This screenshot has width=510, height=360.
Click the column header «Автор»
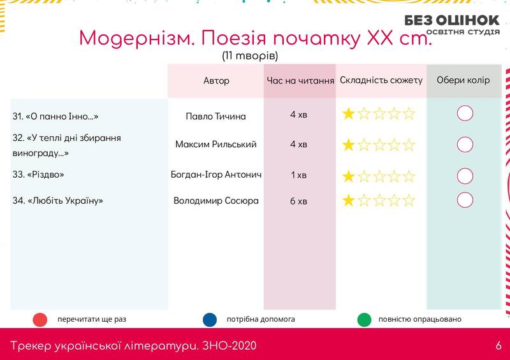point(216,81)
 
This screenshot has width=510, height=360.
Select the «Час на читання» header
point(300,81)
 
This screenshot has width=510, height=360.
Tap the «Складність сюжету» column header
point(381,80)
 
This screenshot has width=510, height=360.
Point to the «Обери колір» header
point(463,80)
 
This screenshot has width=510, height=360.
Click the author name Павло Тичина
point(215,117)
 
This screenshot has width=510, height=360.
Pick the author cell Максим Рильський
point(215,145)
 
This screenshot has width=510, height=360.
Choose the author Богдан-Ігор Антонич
point(216,175)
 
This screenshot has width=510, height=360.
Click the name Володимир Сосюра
point(216,201)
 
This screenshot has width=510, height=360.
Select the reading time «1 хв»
point(298,175)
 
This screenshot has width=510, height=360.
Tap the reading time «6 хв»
point(298,201)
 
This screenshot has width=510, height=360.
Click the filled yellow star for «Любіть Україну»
point(348,200)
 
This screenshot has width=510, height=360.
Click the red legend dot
point(40,320)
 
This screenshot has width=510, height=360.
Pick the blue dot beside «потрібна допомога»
point(210,320)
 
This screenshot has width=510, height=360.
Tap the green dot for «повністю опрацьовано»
point(364,320)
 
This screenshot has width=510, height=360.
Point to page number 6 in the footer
point(499,346)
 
